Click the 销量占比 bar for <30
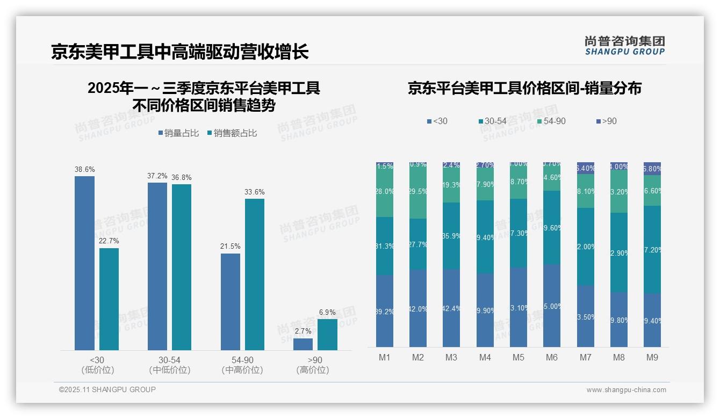84,263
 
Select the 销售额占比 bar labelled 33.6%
255,274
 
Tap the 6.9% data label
327,312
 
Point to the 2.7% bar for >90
303,344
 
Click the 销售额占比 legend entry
232,133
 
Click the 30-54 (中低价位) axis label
170,365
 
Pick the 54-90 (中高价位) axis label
242,365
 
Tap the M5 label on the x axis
519,357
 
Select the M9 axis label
652,357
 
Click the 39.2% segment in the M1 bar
385,311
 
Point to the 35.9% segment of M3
451,236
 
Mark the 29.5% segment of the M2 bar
418,191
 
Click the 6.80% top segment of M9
652,169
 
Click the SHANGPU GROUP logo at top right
624,46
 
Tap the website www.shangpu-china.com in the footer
626,390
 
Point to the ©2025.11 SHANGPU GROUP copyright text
107,389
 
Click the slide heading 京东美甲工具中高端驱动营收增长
179,52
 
